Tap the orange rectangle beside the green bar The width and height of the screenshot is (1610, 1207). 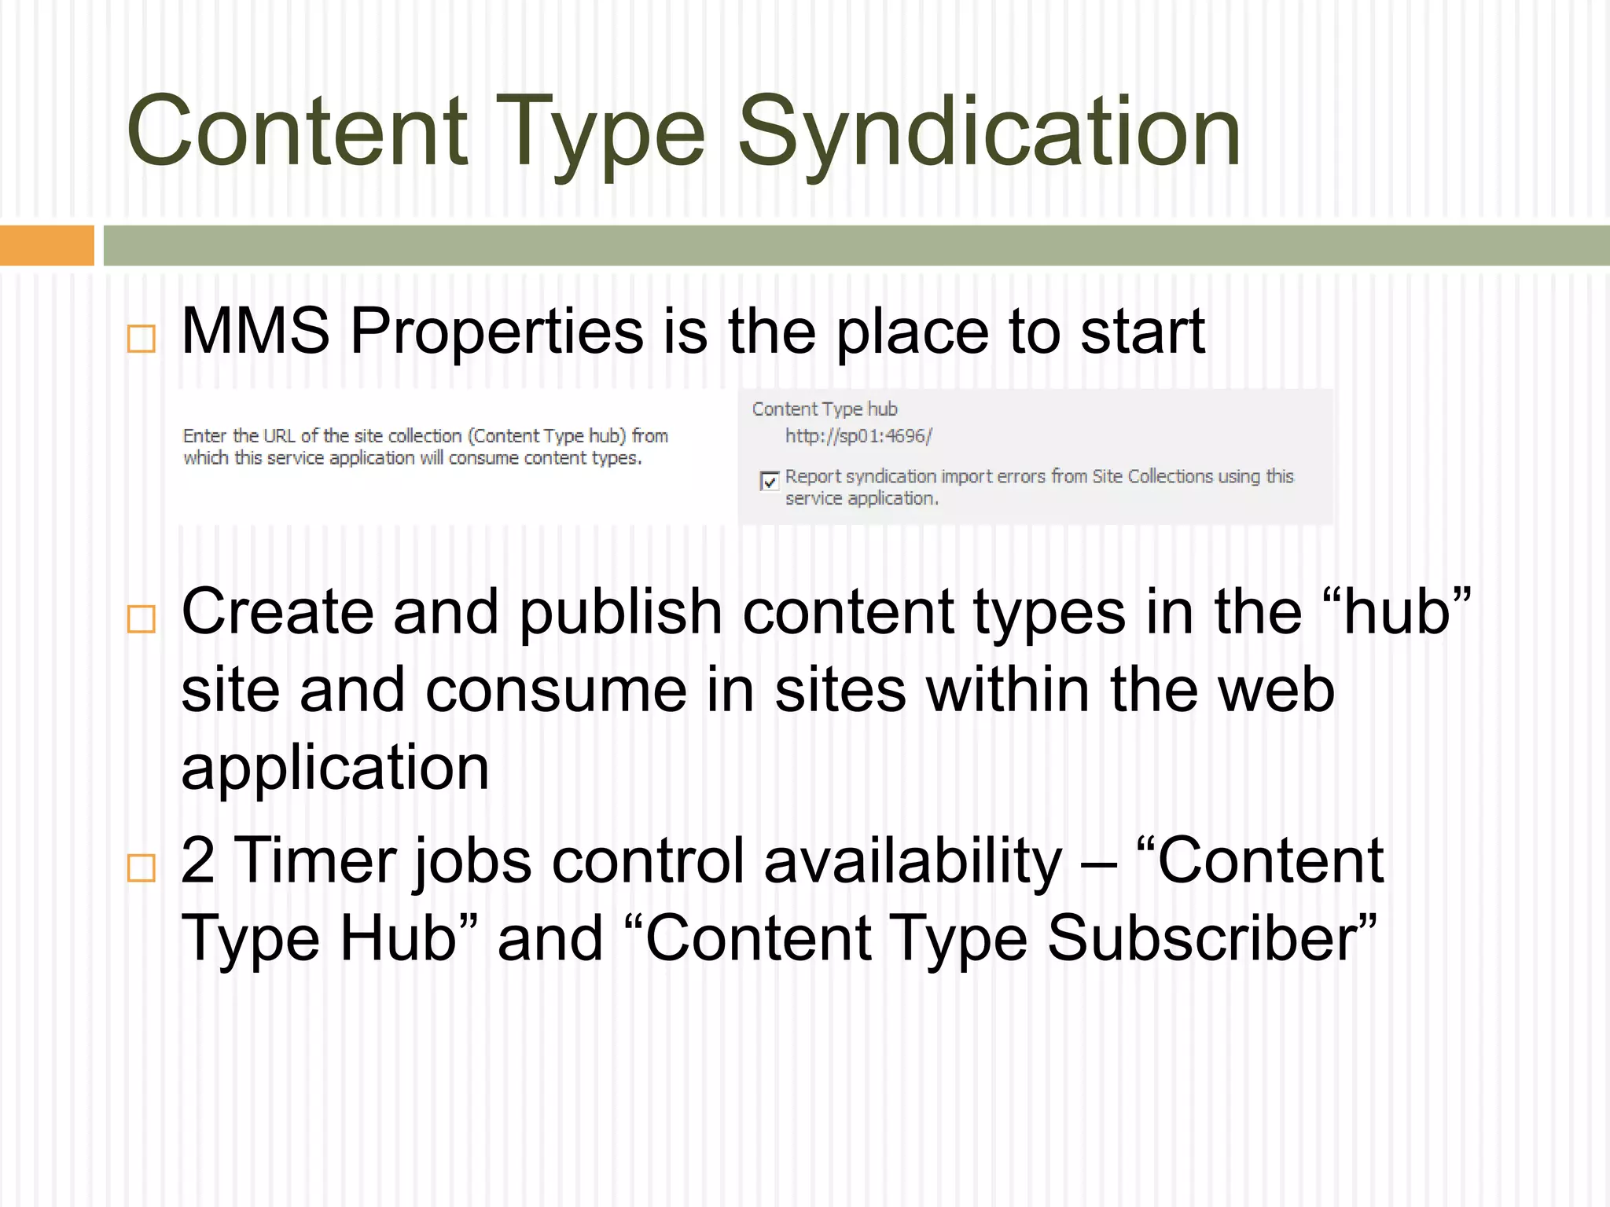[x=47, y=245]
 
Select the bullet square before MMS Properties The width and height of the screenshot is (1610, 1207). [x=142, y=339]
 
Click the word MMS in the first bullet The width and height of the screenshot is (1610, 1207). [x=255, y=332]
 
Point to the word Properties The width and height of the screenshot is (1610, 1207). [x=496, y=332]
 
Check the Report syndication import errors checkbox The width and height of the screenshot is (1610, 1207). [x=770, y=481]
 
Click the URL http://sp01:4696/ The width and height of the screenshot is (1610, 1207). [x=858, y=436]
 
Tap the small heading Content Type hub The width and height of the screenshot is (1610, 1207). [x=825, y=409]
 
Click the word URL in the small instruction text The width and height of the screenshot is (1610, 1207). [x=279, y=436]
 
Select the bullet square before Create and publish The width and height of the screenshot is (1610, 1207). [x=142, y=619]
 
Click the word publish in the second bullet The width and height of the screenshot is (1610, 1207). [x=620, y=613]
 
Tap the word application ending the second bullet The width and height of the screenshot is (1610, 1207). [x=336, y=769]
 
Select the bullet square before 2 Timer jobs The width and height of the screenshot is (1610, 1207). [x=142, y=868]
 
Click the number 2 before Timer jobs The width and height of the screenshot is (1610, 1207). [x=198, y=861]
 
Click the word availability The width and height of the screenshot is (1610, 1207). [x=913, y=861]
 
